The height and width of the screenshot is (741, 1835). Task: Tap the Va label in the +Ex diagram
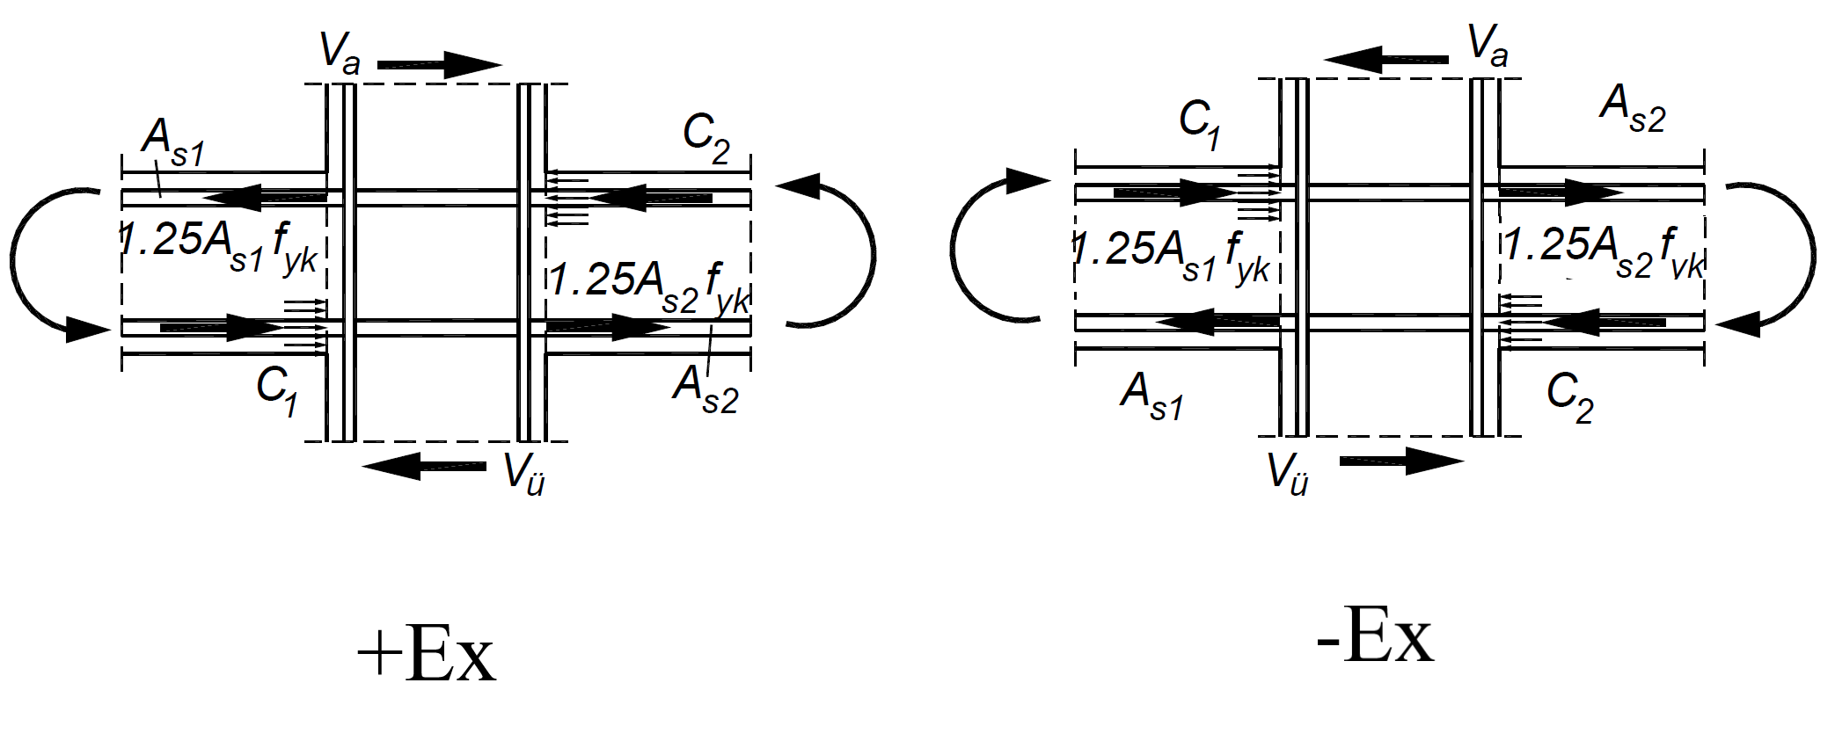[340, 52]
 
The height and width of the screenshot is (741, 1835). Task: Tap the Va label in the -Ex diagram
[1488, 47]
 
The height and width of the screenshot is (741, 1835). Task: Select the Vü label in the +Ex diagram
[524, 474]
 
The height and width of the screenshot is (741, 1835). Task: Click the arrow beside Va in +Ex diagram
[439, 64]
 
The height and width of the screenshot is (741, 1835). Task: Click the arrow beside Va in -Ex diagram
[1386, 60]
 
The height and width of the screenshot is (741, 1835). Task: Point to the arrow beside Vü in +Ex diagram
[425, 466]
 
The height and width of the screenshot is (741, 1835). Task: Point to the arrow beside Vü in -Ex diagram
[1401, 461]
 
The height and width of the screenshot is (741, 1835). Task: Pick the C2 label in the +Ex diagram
[706, 139]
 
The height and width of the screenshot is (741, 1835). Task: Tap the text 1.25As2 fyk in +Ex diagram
[649, 284]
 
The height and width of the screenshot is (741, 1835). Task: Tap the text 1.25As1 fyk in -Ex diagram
[1171, 254]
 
